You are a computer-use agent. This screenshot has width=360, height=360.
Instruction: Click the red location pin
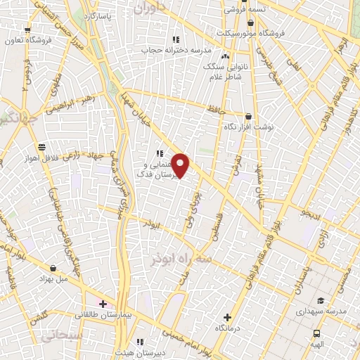pyautogui.click(x=181, y=166)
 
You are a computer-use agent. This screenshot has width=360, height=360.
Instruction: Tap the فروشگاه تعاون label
pyautogui.click(x=27, y=41)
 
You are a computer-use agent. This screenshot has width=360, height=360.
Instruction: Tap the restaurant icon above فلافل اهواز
pyautogui.click(x=42, y=147)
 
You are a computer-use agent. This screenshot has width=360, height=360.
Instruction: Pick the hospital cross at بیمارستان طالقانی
pyautogui.click(x=103, y=304)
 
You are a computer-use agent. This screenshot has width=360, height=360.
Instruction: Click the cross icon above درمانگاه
pyautogui.click(x=226, y=318)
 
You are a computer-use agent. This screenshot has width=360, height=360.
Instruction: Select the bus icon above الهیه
pyautogui.click(x=316, y=333)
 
